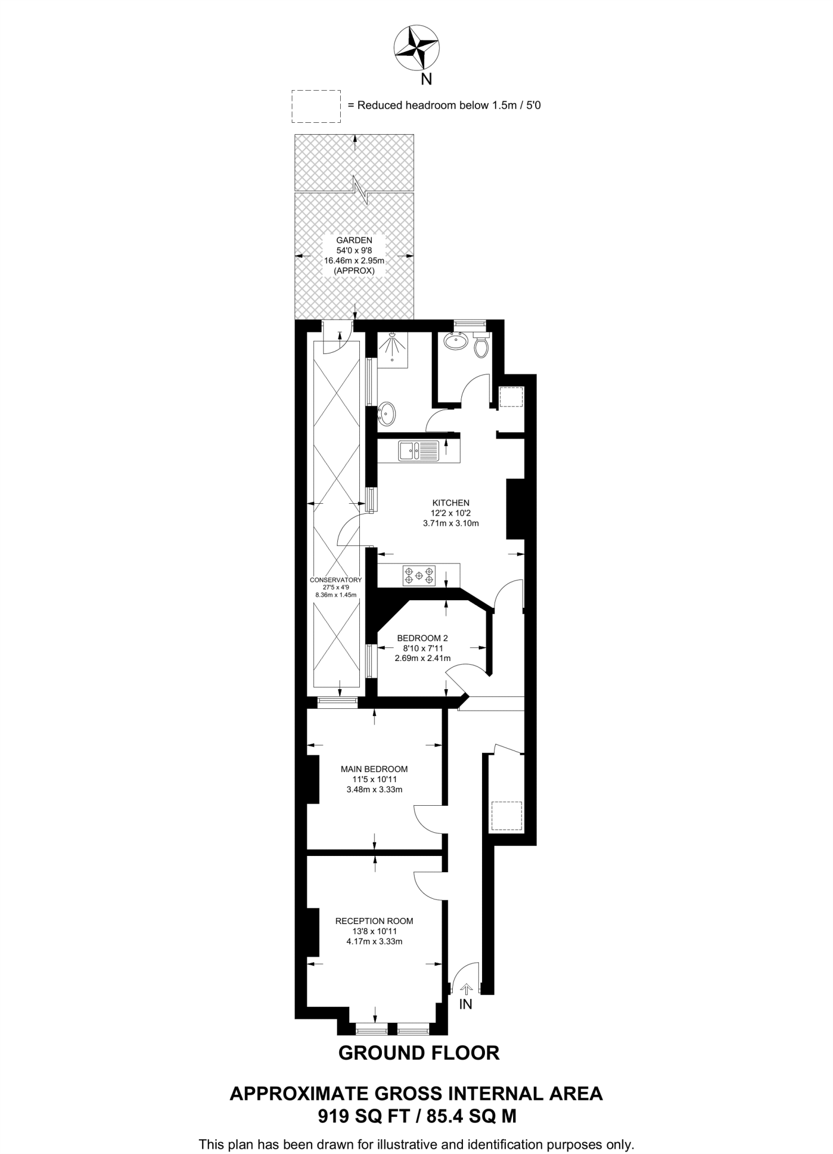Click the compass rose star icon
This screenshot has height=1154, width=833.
[416, 49]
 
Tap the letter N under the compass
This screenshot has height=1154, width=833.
[427, 79]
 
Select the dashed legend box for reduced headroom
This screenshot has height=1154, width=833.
[316, 106]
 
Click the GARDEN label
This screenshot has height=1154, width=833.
[355, 240]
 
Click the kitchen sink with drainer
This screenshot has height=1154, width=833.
[418, 450]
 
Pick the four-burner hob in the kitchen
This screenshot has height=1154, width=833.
[419, 575]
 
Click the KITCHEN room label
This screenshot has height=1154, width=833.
[451, 503]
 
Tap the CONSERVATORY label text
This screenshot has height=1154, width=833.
[336, 580]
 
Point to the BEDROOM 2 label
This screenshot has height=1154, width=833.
[422, 638]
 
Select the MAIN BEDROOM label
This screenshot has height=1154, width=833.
[374, 769]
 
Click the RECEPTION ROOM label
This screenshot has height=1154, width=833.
[374, 921]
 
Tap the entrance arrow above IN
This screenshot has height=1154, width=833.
[466, 988]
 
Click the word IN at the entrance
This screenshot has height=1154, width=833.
[466, 1004]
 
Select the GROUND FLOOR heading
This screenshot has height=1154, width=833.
[419, 1053]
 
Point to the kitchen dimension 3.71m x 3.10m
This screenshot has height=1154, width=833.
[451, 523]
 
